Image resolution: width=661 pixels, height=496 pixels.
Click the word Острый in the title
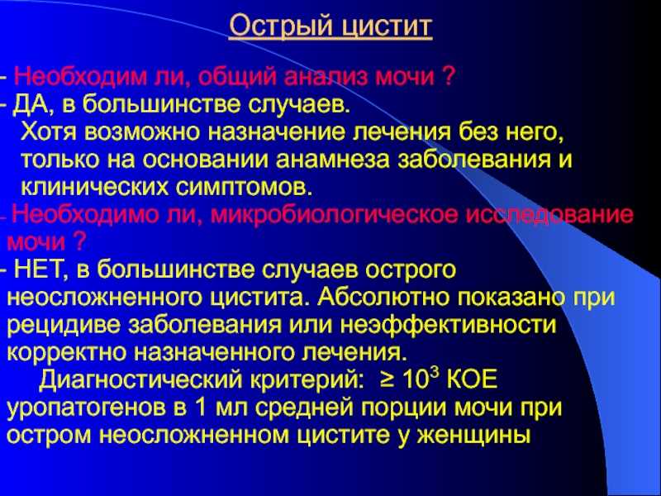281,26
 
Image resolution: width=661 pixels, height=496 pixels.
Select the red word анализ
326,77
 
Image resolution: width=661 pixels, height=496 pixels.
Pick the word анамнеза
333,160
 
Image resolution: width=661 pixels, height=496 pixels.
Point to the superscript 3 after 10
436,373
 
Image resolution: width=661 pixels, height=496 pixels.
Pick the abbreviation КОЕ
472,379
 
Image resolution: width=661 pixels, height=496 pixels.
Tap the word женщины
474,436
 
